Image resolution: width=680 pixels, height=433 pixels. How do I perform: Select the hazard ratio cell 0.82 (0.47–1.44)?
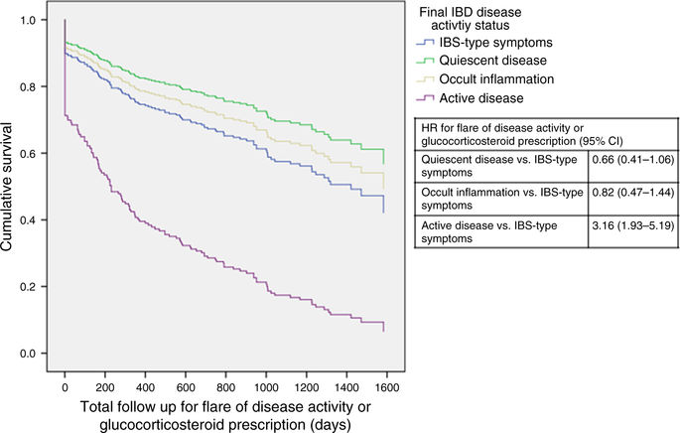(x=634, y=202)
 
